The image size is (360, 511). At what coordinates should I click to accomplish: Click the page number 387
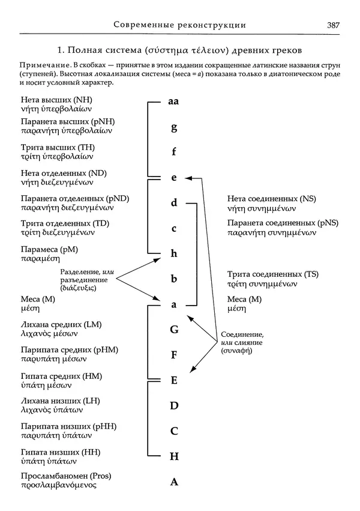[x=334, y=25]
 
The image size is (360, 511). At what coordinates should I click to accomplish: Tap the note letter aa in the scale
[x=174, y=101]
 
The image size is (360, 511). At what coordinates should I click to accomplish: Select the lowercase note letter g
[x=174, y=127]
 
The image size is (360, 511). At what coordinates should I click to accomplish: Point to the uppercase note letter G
[x=174, y=329]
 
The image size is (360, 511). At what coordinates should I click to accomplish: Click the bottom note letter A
[x=175, y=481]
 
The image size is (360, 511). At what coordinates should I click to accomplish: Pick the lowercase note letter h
[x=174, y=253]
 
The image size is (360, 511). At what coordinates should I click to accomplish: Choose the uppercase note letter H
[x=175, y=456]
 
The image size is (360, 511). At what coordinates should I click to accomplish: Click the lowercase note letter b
[x=174, y=279]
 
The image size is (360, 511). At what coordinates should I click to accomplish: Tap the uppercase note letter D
[x=175, y=406]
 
